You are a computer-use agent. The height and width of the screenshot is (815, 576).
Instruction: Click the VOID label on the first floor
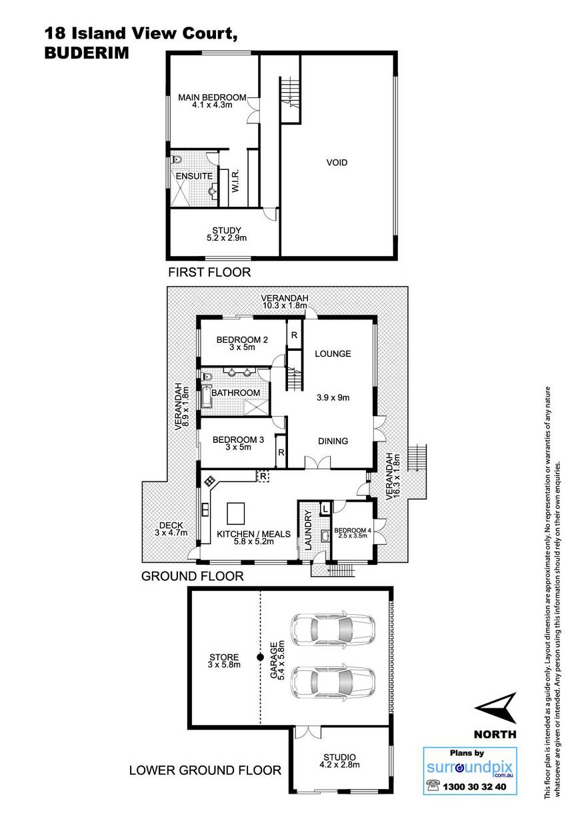click(337, 162)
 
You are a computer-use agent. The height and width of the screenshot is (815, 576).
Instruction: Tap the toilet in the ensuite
click(177, 159)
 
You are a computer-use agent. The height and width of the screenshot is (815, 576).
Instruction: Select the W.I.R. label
click(235, 181)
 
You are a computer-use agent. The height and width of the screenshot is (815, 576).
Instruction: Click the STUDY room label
click(227, 230)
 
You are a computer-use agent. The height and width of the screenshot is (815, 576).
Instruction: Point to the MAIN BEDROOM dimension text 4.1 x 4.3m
click(213, 105)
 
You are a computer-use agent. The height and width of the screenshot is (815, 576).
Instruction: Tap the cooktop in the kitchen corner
click(209, 482)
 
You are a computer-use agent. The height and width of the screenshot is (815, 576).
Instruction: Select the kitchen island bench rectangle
click(235, 513)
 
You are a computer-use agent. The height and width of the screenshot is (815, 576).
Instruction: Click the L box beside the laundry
click(325, 509)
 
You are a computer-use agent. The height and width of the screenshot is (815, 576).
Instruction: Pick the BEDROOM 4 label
click(353, 530)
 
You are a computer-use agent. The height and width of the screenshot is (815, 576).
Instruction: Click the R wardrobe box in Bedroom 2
click(294, 335)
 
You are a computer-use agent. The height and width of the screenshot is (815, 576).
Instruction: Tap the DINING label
click(333, 441)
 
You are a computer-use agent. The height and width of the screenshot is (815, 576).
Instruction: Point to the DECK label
click(171, 526)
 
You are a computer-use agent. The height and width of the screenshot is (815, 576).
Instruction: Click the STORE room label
click(224, 657)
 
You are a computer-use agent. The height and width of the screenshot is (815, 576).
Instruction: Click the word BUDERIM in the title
click(87, 53)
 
